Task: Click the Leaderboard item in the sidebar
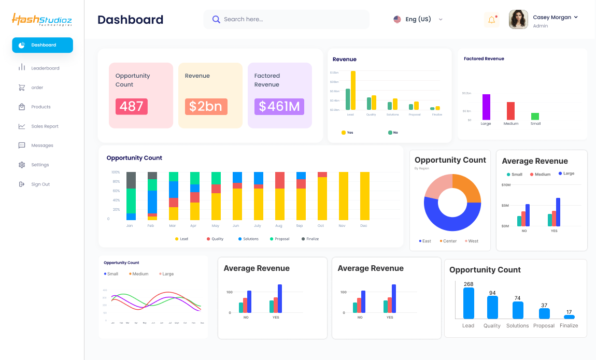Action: coord(45,68)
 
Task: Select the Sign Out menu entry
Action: coord(40,184)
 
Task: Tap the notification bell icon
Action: coord(491,20)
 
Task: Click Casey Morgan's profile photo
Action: coord(518,20)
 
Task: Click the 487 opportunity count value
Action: coord(132,107)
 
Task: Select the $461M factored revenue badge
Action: coord(279,107)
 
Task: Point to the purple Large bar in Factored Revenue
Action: coord(486,107)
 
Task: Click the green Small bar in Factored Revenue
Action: coord(535,117)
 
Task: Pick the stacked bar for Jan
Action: coord(131,196)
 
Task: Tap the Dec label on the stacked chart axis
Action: coord(364,226)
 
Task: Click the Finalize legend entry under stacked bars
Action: coord(310,239)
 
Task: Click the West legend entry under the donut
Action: coord(472,241)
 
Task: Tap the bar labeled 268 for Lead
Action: coord(469,303)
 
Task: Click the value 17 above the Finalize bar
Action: coord(569,312)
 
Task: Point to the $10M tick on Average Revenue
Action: coord(506,185)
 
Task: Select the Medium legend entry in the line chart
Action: coord(138,274)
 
